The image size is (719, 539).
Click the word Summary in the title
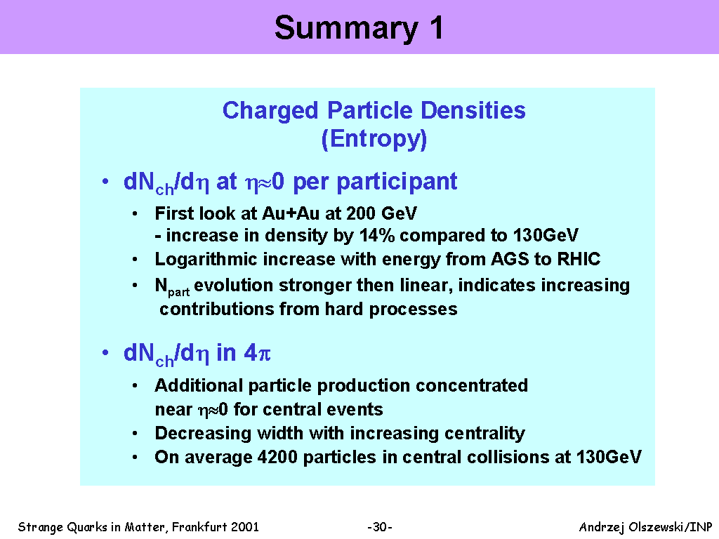click(346, 29)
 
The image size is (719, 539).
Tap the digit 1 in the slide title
click(436, 27)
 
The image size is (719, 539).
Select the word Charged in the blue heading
click(270, 112)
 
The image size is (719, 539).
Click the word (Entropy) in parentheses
click(374, 139)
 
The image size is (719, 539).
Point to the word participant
click(397, 182)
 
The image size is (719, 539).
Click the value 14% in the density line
click(377, 235)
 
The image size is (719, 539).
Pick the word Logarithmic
click(206, 260)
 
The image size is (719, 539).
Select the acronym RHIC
click(579, 259)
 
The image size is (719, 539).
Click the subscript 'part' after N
click(179, 292)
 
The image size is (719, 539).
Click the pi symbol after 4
click(265, 354)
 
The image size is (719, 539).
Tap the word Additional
click(199, 385)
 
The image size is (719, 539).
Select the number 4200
click(277, 457)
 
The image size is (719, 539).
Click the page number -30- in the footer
click(380, 527)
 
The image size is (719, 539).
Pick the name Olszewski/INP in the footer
click(671, 527)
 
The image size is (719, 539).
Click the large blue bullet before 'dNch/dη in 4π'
click(105, 352)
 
